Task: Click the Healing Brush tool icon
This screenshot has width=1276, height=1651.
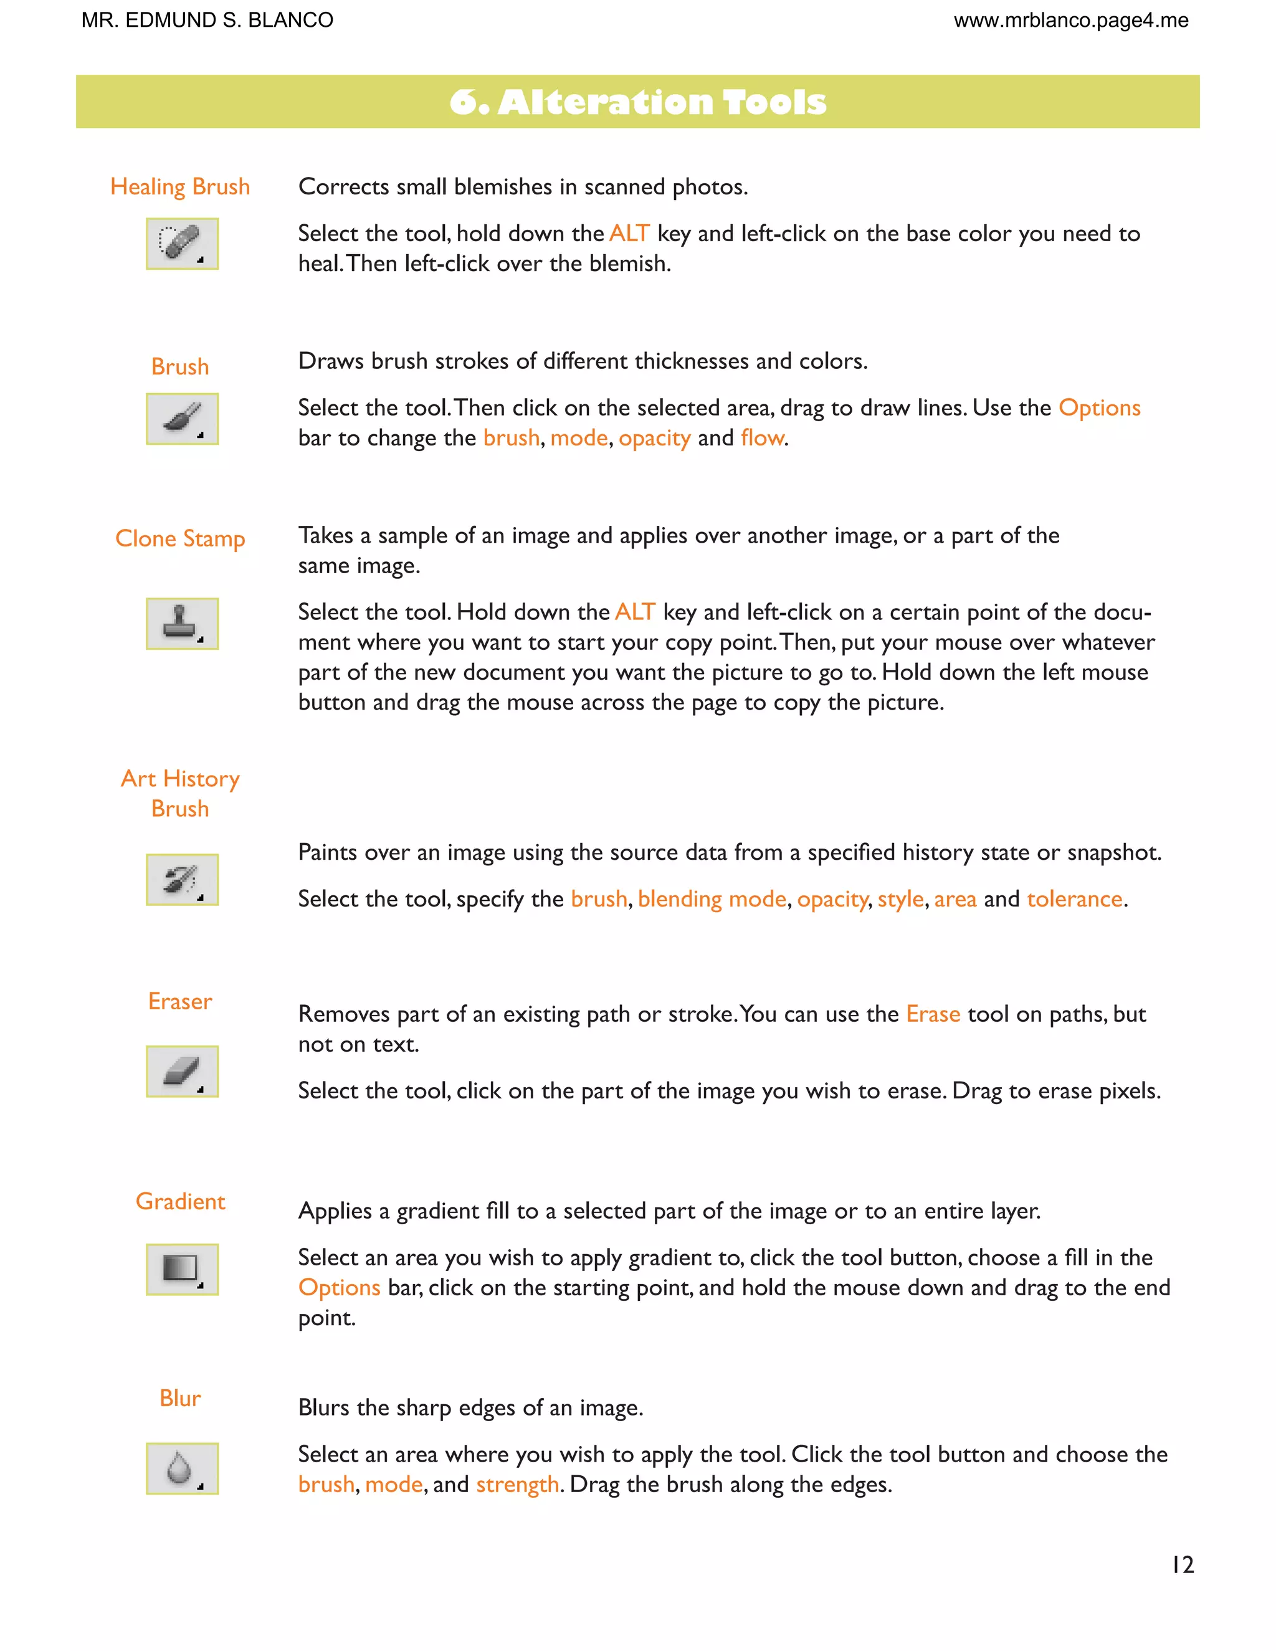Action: [181, 244]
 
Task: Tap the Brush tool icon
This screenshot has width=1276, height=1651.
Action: [181, 418]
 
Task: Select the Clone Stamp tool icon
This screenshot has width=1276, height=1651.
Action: [181, 623]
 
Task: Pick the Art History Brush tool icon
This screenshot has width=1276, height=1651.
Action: [181, 879]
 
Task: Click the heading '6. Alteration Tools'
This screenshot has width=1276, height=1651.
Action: [637, 102]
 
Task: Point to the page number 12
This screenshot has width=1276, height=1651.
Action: [1183, 1565]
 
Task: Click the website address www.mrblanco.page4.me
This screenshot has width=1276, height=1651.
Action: [1070, 21]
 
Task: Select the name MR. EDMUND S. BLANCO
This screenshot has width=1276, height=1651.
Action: [207, 21]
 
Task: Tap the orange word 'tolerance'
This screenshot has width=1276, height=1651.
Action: [1074, 899]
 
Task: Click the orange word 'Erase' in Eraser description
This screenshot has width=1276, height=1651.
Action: [933, 1014]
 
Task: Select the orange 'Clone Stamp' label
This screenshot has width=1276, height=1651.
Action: [180, 538]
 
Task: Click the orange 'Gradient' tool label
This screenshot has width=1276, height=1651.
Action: [180, 1201]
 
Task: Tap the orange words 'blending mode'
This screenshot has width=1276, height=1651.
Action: [712, 899]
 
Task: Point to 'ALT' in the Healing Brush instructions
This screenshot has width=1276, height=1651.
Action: [629, 234]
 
